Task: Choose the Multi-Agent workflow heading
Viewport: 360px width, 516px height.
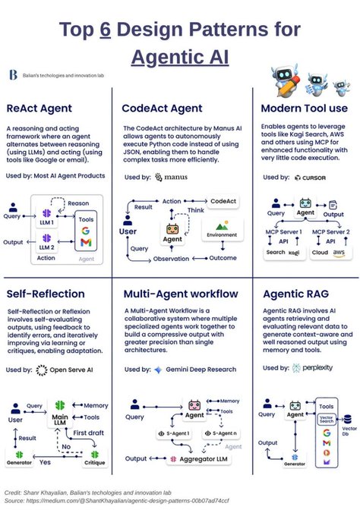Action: click(x=178, y=294)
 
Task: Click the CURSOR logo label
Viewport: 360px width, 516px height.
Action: click(x=309, y=177)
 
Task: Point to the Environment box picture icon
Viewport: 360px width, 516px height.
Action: click(x=223, y=226)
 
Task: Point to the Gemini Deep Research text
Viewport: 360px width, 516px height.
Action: click(x=197, y=370)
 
